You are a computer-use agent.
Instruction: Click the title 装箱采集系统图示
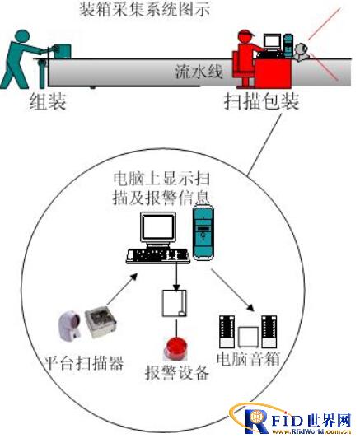coord(144,10)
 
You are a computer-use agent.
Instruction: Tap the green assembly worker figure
coord(22,58)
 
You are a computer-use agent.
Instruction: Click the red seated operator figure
coord(245,58)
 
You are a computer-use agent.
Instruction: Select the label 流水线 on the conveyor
coord(199,72)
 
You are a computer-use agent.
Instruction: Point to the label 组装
coord(48,102)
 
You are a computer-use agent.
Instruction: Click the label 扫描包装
coord(261,102)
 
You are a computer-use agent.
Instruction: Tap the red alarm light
coord(176,347)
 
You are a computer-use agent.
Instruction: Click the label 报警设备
coord(177,373)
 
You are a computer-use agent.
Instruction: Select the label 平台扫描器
coord(84,362)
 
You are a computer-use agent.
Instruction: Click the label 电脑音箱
coord(248,359)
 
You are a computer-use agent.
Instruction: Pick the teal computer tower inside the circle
coord(203,232)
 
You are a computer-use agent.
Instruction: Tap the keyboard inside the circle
coord(158,256)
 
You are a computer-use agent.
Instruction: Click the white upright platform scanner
coord(70,325)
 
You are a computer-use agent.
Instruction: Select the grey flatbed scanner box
coord(101,322)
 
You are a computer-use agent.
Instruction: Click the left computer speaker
coord(227,332)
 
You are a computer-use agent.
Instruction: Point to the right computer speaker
coord(269,332)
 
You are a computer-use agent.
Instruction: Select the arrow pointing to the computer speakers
coord(233,290)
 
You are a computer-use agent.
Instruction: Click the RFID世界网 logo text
coord(298,421)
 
